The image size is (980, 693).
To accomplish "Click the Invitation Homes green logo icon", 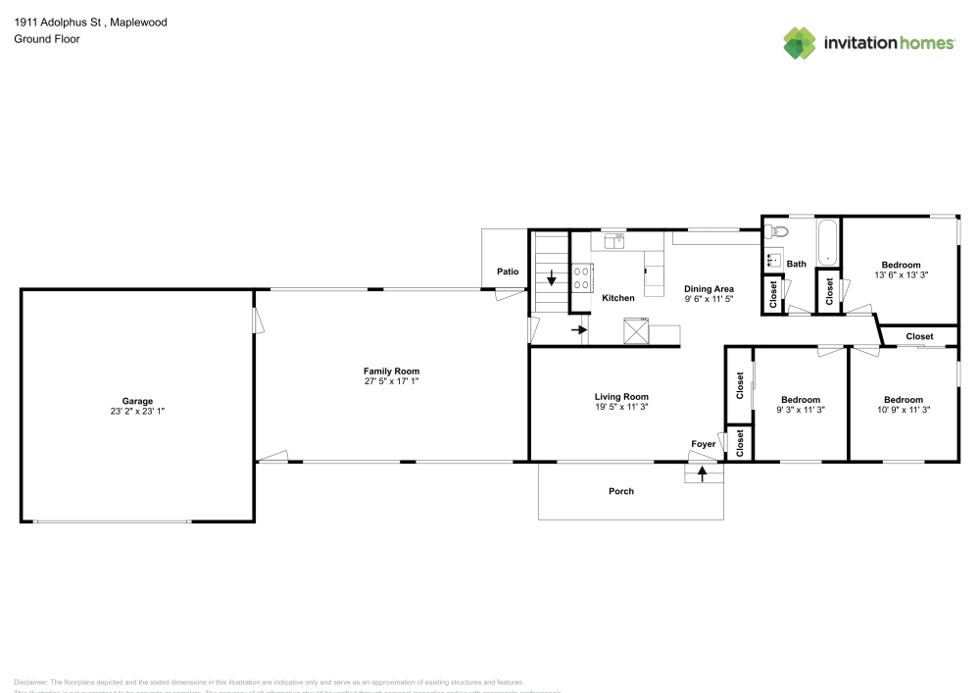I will [x=800, y=42].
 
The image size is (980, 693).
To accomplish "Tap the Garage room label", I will [x=137, y=401].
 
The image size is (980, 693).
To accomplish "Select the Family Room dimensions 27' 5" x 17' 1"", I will [x=392, y=382].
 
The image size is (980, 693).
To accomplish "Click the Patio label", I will [x=507, y=272].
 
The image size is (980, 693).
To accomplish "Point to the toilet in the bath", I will [x=776, y=232].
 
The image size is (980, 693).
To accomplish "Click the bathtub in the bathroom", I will [x=829, y=242].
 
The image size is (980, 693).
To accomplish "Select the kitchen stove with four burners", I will [x=581, y=278].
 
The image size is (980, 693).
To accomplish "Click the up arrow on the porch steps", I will [x=702, y=475].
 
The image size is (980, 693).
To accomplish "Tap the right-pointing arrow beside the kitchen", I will [x=578, y=329].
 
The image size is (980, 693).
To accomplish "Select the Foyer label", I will [x=704, y=444].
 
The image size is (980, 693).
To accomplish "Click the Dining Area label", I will [x=709, y=288].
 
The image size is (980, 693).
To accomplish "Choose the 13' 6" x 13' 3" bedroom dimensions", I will [x=901, y=275].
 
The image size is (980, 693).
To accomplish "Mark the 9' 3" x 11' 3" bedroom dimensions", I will [x=801, y=410].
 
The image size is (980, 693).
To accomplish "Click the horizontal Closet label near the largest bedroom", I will [x=919, y=336].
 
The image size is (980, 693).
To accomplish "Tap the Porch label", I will [x=621, y=491].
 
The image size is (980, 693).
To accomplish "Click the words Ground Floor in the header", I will [x=46, y=39].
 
